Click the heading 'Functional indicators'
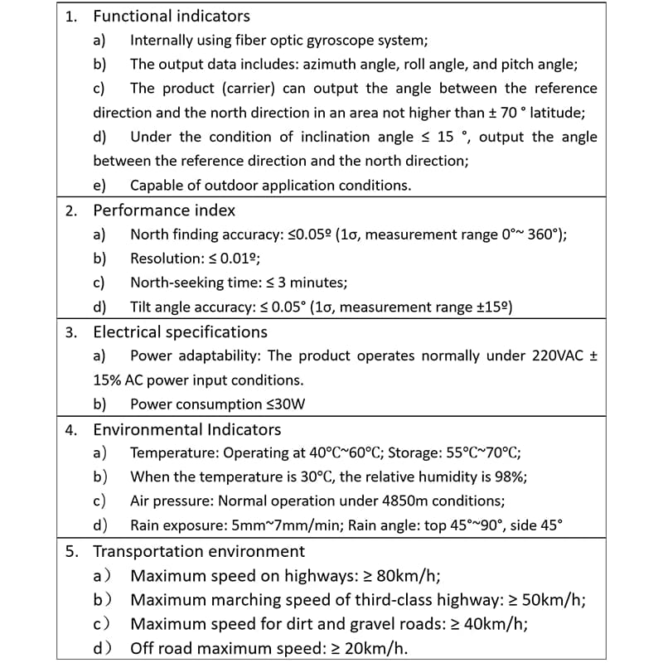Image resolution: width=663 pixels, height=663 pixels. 172,16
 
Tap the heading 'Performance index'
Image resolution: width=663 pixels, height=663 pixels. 164,211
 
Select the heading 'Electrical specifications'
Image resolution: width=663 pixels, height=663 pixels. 180,332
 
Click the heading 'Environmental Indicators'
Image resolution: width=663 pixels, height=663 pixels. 187,430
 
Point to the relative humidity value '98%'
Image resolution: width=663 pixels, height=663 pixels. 510,477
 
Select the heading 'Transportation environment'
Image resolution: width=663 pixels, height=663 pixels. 199,551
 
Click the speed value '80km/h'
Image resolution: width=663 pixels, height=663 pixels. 408,576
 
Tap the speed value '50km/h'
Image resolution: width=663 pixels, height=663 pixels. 563,600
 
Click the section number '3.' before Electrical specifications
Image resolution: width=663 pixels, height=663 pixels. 72,332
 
